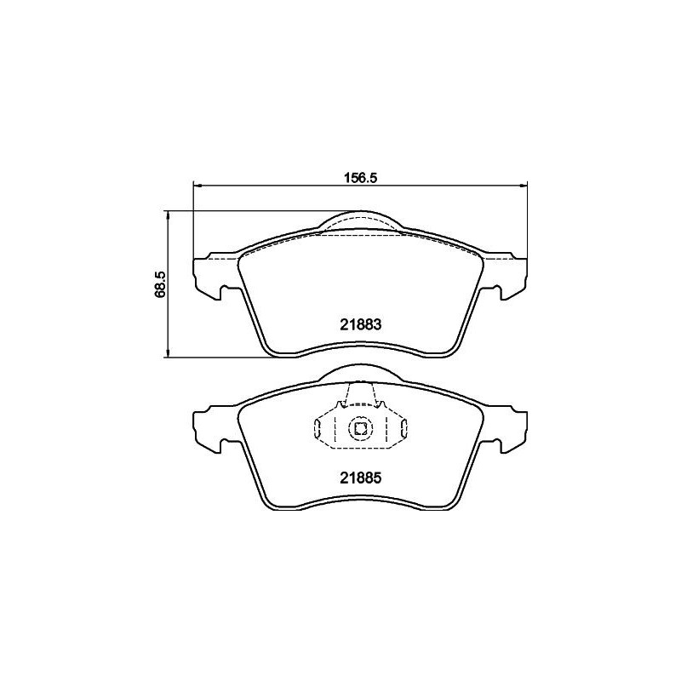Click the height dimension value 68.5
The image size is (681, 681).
coord(159,284)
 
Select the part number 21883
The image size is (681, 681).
coord(359,323)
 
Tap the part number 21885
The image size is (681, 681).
coord(359,478)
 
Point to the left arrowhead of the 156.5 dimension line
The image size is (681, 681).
coord(198,185)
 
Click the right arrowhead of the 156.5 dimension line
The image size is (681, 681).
coord(524,185)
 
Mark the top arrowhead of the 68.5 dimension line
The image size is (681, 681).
coord(169,215)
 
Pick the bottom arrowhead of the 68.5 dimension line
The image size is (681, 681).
coord(169,353)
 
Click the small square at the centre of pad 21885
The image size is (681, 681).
coord(360,428)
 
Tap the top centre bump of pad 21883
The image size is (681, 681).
coord(360,220)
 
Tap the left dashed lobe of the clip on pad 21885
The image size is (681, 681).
coord(322,428)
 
